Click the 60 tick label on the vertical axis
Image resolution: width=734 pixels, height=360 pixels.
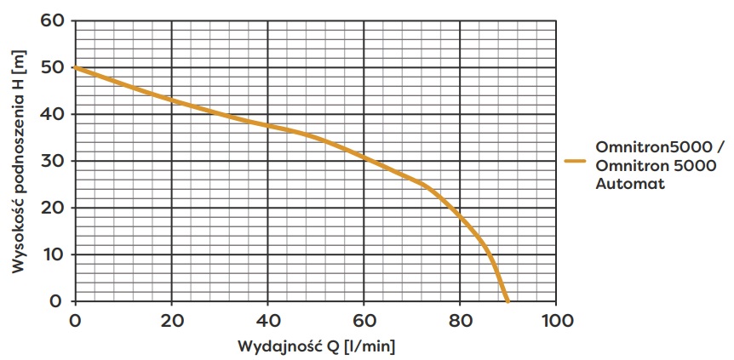(52, 20)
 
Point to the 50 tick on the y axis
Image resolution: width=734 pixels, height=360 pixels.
(52, 67)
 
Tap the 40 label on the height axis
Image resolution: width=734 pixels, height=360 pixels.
(52, 114)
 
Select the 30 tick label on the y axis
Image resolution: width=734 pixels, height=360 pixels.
(52, 161)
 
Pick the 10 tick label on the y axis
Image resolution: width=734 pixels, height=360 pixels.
(52, 254)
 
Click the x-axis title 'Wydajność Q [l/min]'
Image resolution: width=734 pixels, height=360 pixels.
(316, 346)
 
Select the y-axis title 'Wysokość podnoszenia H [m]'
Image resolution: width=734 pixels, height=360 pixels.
(19, 162)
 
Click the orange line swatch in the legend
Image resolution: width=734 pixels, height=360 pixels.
(576, 160)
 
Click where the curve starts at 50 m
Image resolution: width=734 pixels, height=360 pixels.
(76, 67)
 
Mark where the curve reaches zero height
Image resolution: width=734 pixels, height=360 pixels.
(507, 301)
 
